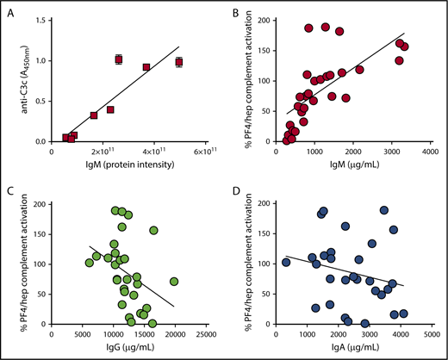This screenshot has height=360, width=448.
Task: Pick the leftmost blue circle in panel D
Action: tap(285, 262)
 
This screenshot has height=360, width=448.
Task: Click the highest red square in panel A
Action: tap(119, 59)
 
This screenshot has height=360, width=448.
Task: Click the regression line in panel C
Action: tap(129, 276)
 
